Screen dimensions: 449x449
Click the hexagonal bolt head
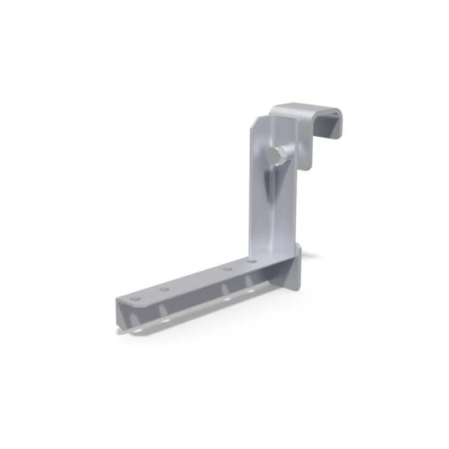pos(276,155)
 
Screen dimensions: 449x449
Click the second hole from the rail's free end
pos(164,289)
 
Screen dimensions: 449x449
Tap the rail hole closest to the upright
pos(251,261)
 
